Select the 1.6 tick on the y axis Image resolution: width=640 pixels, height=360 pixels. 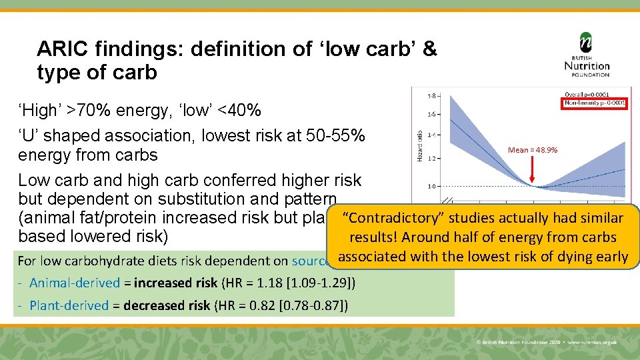point(431,115)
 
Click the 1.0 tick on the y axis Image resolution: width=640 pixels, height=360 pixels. point(431,186)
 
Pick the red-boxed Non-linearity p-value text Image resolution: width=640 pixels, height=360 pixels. point(595,103)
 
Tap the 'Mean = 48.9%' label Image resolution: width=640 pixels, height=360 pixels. point(533,150)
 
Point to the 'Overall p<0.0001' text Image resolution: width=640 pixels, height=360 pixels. point(595,94)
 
